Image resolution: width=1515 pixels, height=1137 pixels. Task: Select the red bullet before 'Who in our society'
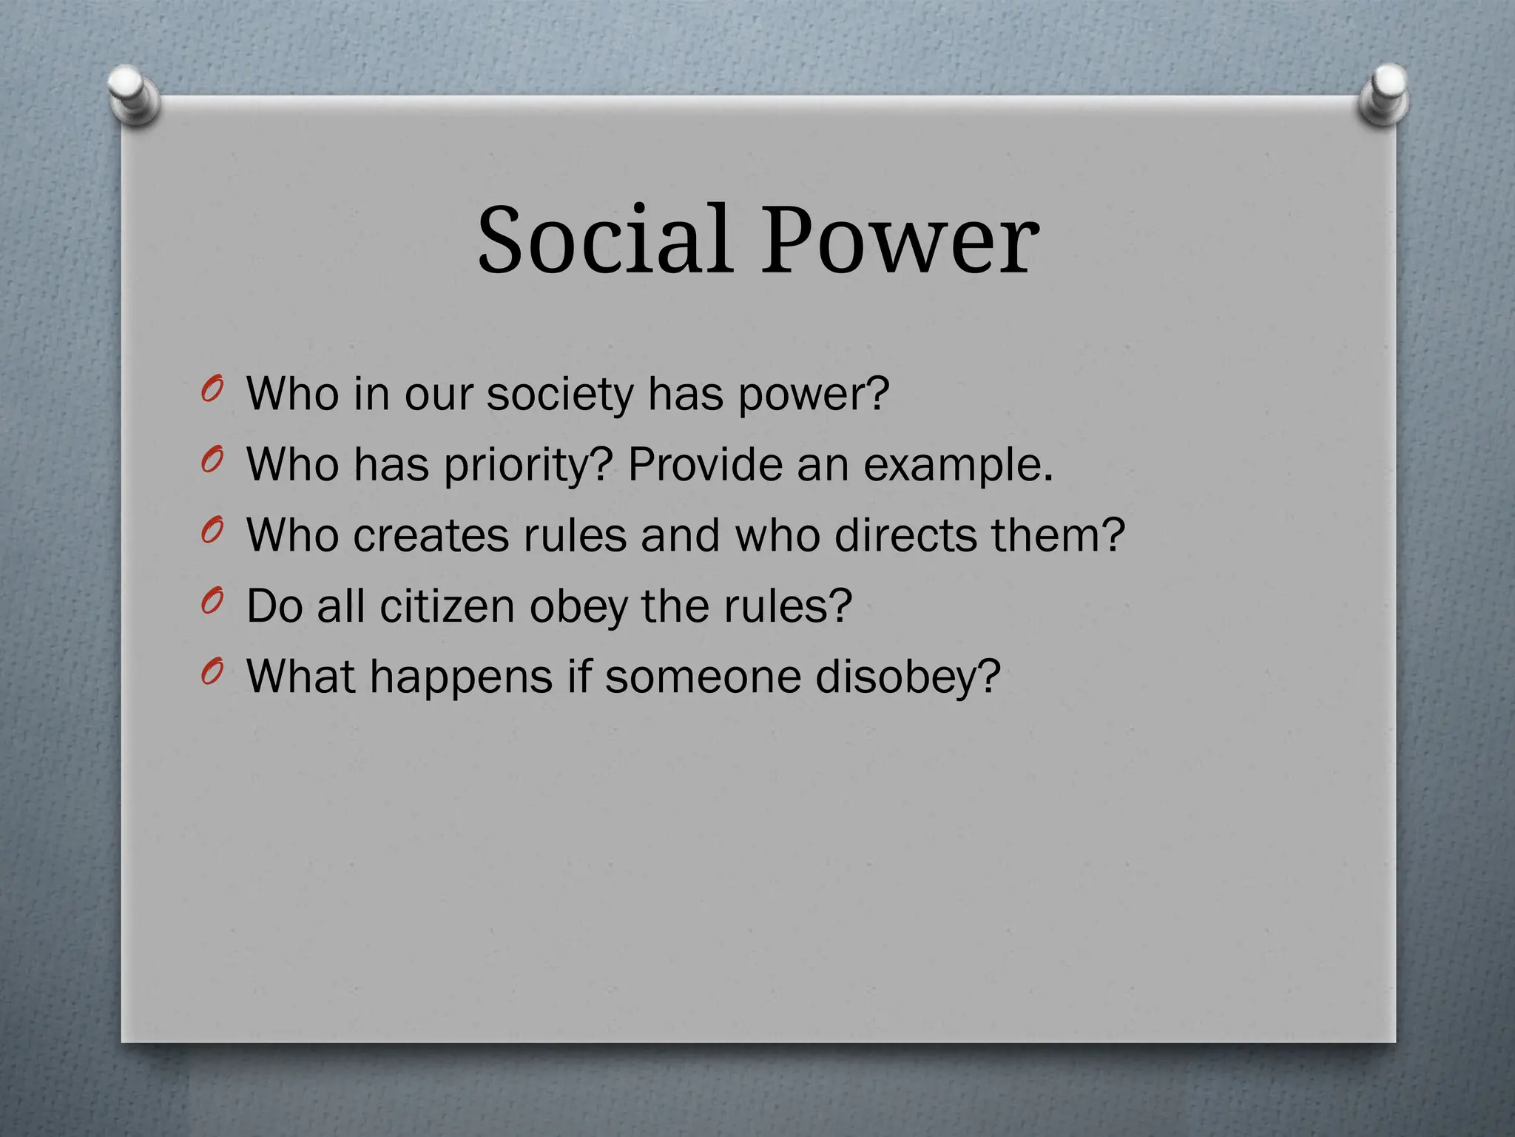[212, 389]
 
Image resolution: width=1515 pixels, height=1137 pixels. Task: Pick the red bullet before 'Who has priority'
[212, 460]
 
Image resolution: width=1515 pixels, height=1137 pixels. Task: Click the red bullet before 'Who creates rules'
[212, 531]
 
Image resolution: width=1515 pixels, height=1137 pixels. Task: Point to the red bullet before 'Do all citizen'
[212, 602]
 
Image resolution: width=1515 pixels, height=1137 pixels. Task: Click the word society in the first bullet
[560, 394]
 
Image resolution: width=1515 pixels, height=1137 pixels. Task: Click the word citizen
[447, 606]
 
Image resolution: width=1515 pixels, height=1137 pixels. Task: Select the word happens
[461, 677]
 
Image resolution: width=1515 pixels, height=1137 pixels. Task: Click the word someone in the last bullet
[702, 677]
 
